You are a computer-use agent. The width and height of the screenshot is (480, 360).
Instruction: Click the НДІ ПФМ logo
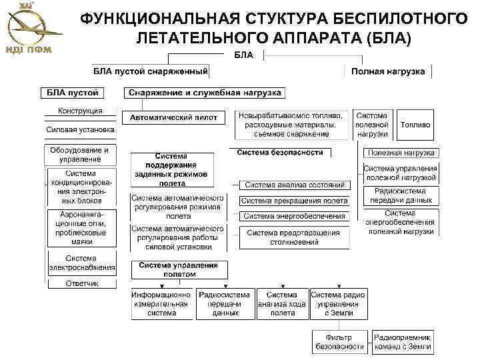(28, 27)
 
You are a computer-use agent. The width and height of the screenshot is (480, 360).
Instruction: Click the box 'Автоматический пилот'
(173, 117)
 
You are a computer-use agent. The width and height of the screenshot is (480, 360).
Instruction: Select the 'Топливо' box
(416, 125)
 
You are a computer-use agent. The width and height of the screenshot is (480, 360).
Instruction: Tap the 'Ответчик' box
(81, 283)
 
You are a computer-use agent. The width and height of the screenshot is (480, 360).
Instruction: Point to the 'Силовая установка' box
(80, 129)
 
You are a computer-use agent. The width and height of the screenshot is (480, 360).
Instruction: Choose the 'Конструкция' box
(80, 111)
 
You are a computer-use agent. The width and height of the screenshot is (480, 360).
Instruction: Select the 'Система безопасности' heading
(279, 153)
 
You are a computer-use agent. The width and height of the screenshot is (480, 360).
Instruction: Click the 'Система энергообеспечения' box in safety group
(294, 216)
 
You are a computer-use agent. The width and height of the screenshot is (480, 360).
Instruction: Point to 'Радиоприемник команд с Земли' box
(402, 341)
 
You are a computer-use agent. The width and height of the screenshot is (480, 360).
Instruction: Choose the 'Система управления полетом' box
(178, 269)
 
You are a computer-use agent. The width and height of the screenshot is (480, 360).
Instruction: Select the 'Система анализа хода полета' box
(283, 303)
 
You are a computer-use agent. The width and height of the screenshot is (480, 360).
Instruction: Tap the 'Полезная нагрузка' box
(400, 153)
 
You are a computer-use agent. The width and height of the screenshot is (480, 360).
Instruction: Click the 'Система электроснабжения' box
(81, 263)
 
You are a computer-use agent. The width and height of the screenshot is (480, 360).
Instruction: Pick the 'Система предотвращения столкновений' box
(294, 237)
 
